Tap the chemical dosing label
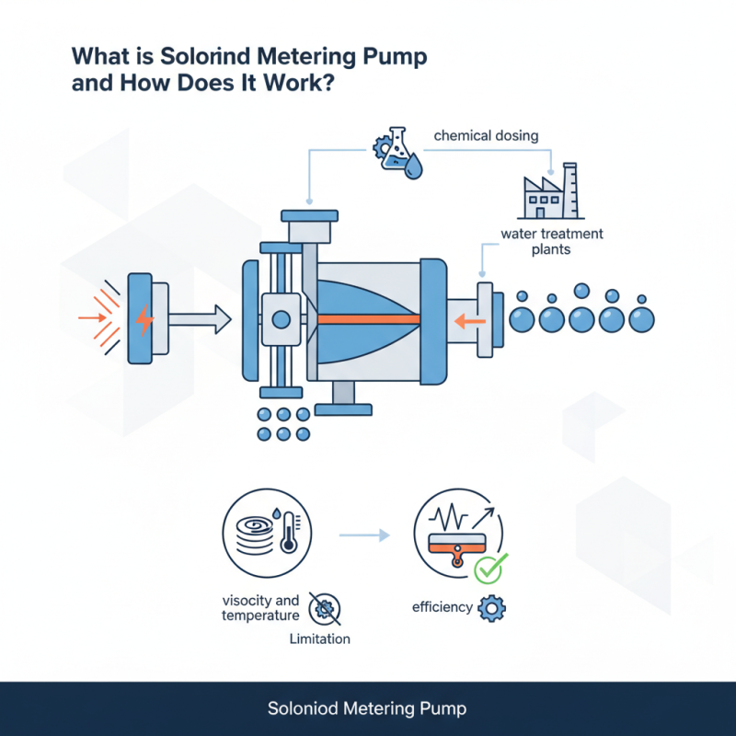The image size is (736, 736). tap(486, 136)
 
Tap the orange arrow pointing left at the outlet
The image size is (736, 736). tap(466, 319)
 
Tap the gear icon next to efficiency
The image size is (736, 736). tap(492, 608)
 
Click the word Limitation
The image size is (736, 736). tap(319, 638)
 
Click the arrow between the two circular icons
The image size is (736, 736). tap(361, 533)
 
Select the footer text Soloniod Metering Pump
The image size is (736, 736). tap(367, 709)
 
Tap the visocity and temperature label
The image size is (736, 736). tap(261, 608)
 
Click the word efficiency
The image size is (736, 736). tap(442, 608)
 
